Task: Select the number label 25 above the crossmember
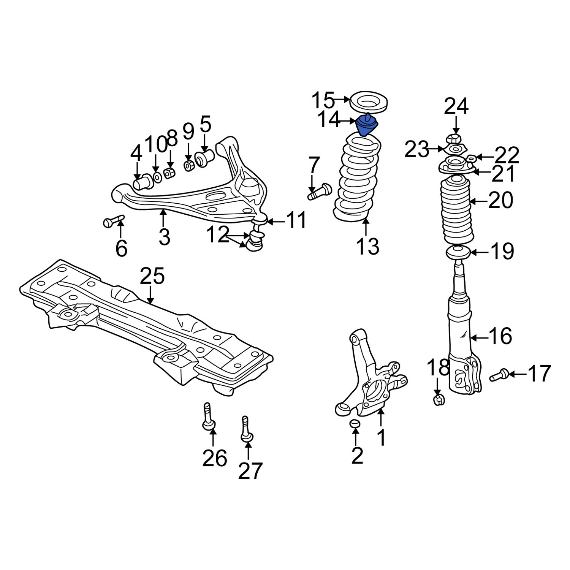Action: (152, 276)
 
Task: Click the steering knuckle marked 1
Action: (370, 384)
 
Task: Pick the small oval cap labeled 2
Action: (354, 424)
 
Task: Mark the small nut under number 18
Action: (439, 399)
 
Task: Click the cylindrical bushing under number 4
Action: (144, 182)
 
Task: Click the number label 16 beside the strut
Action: (500, 336)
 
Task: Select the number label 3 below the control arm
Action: (164, 237)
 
